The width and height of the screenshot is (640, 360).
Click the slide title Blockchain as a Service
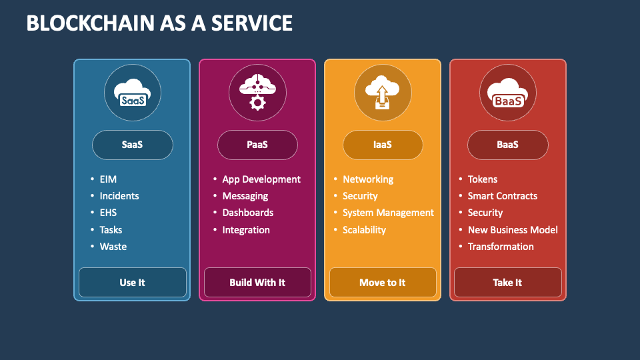click(159, 23)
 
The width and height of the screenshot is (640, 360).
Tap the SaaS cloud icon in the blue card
click(132, 93)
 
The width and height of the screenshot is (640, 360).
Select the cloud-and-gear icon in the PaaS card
click(257, 93)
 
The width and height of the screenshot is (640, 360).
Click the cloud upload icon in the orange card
click(382, 93)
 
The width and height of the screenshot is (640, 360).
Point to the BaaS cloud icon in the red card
click(507, 93)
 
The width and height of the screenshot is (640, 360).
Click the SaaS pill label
click(132, 145)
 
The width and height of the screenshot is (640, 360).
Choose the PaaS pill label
click(257, 145)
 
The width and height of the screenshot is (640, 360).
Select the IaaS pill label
click(382, 145)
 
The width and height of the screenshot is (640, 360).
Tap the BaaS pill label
click(507, 145)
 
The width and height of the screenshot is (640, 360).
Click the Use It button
click(132, 283)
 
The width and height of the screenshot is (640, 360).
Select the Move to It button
click(382, 283)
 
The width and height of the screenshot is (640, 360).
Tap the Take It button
click(507, 283)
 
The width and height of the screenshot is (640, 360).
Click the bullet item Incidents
click(119, 196)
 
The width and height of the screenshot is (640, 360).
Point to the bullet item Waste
click(113, 247)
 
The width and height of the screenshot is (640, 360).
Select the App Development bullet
click(261, 179)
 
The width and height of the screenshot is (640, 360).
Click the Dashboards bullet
click(247, 213)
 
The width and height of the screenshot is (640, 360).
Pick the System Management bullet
click(388, 213)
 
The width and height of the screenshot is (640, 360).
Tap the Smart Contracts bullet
click(502, 196)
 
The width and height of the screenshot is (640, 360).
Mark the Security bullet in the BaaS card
click(485, 213)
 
